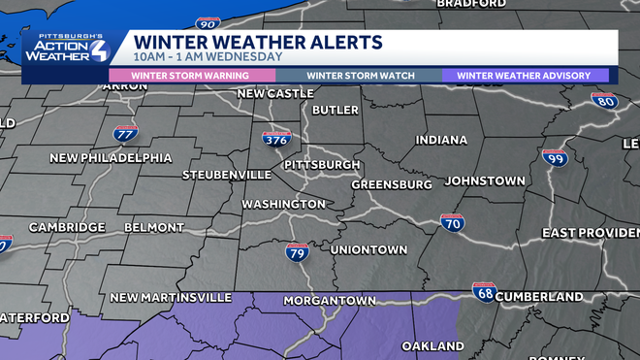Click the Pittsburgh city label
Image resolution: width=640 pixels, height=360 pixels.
click(x=321, y=165)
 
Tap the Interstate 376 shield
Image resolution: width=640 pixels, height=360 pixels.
click(x=276, y=141)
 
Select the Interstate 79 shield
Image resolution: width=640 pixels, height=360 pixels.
click(x=298, y=252)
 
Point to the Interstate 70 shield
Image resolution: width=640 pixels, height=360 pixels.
click(x=452, y=224)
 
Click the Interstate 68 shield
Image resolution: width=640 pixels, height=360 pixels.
click(x=484, y=290)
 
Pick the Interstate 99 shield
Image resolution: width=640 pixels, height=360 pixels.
click(x=555, y=157)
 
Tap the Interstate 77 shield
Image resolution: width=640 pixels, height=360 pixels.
click(x=125, y=133)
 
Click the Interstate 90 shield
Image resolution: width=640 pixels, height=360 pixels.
click(x=207, y=22)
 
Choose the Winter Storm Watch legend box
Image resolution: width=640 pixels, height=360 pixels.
click(x=361, y=75)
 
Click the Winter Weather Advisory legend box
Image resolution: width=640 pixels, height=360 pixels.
click(x=525, y=75)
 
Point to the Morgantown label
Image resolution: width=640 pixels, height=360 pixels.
click(x=330, y=301)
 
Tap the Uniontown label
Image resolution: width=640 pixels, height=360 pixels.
click(x=368, y=249)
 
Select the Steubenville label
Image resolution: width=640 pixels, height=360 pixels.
click(x=228, y=175)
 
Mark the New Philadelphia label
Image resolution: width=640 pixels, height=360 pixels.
click(x=111, y=158)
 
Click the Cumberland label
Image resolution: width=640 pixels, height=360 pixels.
click(x=539, y=297)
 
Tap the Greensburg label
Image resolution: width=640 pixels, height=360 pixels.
click(x=391, y=184)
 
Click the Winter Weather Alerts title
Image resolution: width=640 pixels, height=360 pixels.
click(x=257, y=42)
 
